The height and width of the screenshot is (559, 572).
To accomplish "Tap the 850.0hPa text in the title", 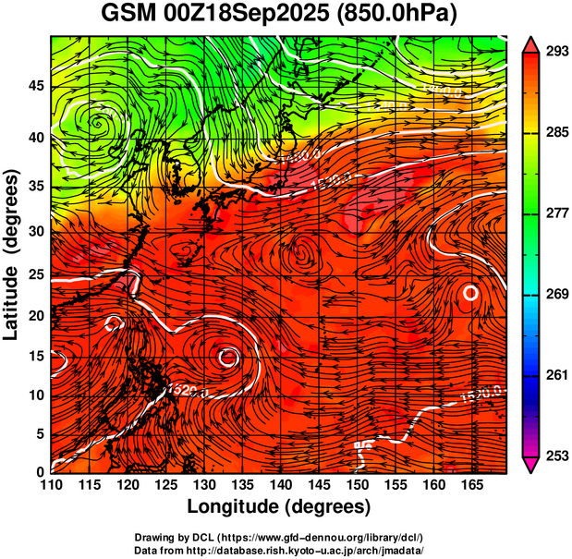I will click(400, 15).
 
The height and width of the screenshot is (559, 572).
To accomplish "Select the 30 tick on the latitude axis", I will click(37, 232).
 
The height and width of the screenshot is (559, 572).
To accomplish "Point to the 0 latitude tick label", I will click(43, 472).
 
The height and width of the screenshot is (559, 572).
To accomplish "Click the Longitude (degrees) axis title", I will click(279, 507).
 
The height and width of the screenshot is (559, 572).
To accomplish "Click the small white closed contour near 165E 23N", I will click(470, 293).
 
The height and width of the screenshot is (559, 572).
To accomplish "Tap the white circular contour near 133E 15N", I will click(227, 356).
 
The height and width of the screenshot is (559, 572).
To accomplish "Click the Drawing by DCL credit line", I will click(278, 538).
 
